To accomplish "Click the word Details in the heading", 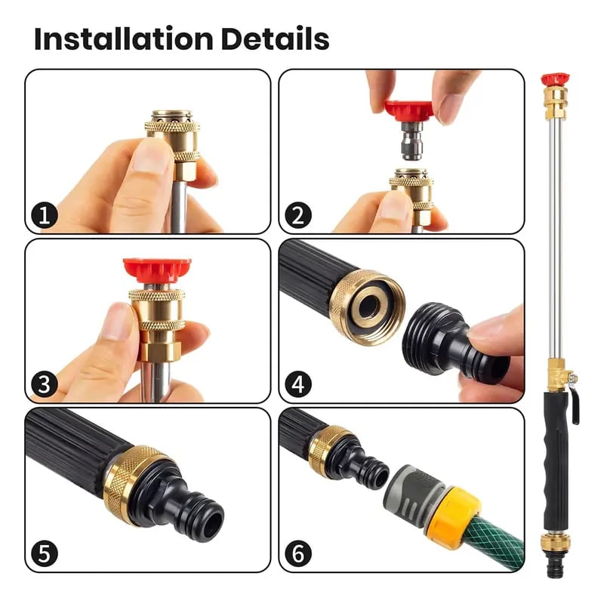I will tap(275, 39).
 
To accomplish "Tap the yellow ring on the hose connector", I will tap(453, 514).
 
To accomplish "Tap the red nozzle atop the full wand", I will tap(555, 78).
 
